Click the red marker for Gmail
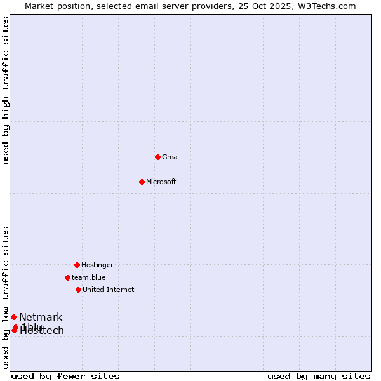[x=157, y=157]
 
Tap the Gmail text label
[x=171, y=157]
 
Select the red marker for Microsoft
[x=142, y=182]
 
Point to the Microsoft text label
[x=161, y=182]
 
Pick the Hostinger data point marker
[x=77, y=265]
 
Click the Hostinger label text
[x=97, y=265]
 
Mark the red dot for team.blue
[x=67, y=277]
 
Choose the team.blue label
[x=88, y=277]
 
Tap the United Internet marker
[x=78, y=290]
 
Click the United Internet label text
[x=108, y=290]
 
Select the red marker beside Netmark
[x=13, y=317]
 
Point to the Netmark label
[x=41, y=317]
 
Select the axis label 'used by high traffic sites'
[x=6, y=90]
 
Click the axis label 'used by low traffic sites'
[x=6, y=297]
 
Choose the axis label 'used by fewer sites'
[x=65, y=376]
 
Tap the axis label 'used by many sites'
[x=319, y=376]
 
